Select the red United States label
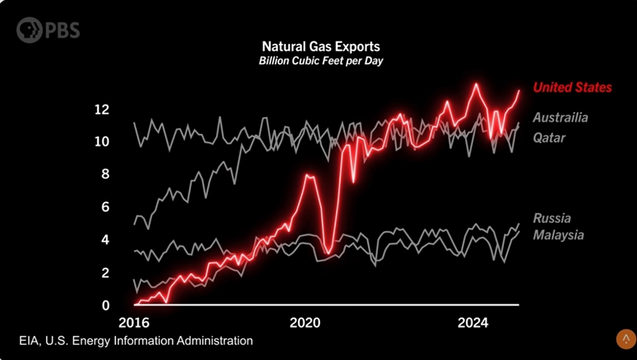tap(572, 88)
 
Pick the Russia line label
tap(552, 218)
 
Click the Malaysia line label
tap(558, 236)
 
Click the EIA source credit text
tap(136, 341)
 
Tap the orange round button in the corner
tap(624, 338)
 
